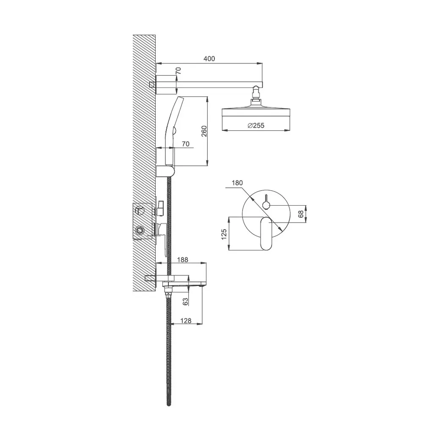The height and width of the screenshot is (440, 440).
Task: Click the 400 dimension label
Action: [x=209, y=59]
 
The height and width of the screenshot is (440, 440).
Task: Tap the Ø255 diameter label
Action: [x=256, y=125]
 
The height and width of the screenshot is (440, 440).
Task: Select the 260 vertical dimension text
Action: [x=204, y=131]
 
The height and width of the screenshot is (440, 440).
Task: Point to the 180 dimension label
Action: [x=237, y=183]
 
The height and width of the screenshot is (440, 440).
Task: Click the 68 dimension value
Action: [x=301, y=214]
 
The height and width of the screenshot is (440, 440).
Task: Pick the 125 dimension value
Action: [x=224, y=234]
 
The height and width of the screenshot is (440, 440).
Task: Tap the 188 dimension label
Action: [x=183, y=260]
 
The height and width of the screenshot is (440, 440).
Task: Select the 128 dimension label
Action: [x=186, y=320]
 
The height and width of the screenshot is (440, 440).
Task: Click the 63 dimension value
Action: [x=185, y=302]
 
